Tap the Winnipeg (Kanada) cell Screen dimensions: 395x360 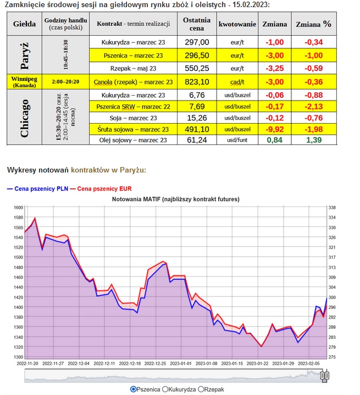(23, 82)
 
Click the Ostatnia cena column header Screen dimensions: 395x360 (196, 25)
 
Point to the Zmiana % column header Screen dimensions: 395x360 (313, 25)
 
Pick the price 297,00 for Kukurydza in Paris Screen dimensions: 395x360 (196, 42)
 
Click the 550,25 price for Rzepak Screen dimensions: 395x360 (196, 68)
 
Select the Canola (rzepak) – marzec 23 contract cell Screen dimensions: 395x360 (134, 82)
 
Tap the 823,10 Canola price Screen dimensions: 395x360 (196, 82)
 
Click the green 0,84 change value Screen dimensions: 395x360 (275, 140)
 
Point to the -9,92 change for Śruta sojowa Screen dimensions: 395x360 (274, 129)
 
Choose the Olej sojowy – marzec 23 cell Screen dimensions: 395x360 (134, 140)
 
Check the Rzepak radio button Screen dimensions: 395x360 (201, 389)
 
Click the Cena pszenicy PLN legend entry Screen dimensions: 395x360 (37, 188)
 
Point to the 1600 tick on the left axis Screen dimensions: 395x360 (17, 208)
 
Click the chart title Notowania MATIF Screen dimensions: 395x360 (176, 198)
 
